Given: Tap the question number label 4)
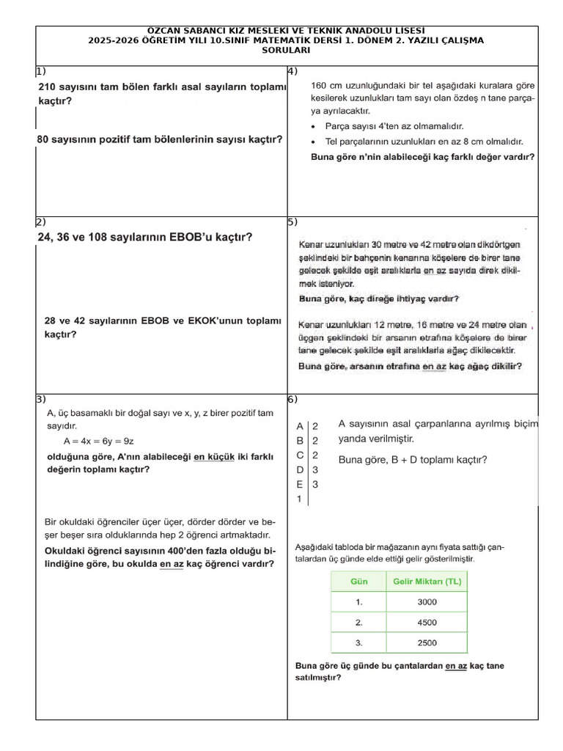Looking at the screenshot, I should coord(292,71).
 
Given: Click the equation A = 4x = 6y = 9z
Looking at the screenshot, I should coord(98,441).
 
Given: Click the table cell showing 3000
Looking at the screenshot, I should coord(427,602).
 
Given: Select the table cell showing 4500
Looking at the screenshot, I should coord(427,623).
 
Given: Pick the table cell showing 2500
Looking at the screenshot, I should coord(427,643).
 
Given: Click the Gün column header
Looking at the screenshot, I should coord(358,582).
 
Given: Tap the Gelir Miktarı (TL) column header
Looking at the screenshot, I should coord(426,582).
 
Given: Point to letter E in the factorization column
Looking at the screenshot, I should coord(299,484).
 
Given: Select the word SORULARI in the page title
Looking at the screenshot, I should coord(286,51).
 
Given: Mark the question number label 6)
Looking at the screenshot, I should coord(292,399).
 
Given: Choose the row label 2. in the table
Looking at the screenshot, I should coord(358,623).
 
